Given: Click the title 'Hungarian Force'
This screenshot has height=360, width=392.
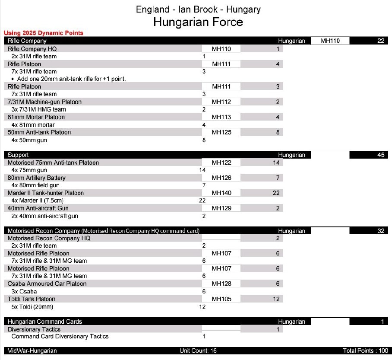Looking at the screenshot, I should point(198,22).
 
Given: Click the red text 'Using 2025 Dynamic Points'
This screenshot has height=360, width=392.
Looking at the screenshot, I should point(43,33).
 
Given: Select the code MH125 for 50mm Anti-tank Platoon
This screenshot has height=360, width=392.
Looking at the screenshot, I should point(221,132).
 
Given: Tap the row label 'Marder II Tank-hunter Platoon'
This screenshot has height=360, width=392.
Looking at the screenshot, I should point(46,193).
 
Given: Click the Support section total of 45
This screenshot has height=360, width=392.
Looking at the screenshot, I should point(380,155).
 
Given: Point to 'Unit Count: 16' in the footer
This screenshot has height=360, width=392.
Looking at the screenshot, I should point(198,351).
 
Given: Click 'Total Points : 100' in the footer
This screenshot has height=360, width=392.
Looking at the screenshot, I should point(365,351).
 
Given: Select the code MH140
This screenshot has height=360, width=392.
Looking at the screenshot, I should point(221,193).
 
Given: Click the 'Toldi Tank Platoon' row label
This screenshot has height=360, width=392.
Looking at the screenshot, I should point(32,299).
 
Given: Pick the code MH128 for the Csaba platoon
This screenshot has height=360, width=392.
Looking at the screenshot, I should point(221,284).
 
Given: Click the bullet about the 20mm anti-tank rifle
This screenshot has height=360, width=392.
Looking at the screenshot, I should point(71,79).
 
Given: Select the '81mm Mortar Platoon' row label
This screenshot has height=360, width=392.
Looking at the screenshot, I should point(36,117).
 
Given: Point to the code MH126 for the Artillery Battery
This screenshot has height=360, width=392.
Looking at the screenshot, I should point(221,178).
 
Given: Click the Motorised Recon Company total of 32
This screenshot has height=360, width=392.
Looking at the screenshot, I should point(380,231).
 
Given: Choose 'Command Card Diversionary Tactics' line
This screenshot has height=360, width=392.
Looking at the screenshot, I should point(60,336).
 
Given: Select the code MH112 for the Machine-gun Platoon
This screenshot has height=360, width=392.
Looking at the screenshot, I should point(221,102).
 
